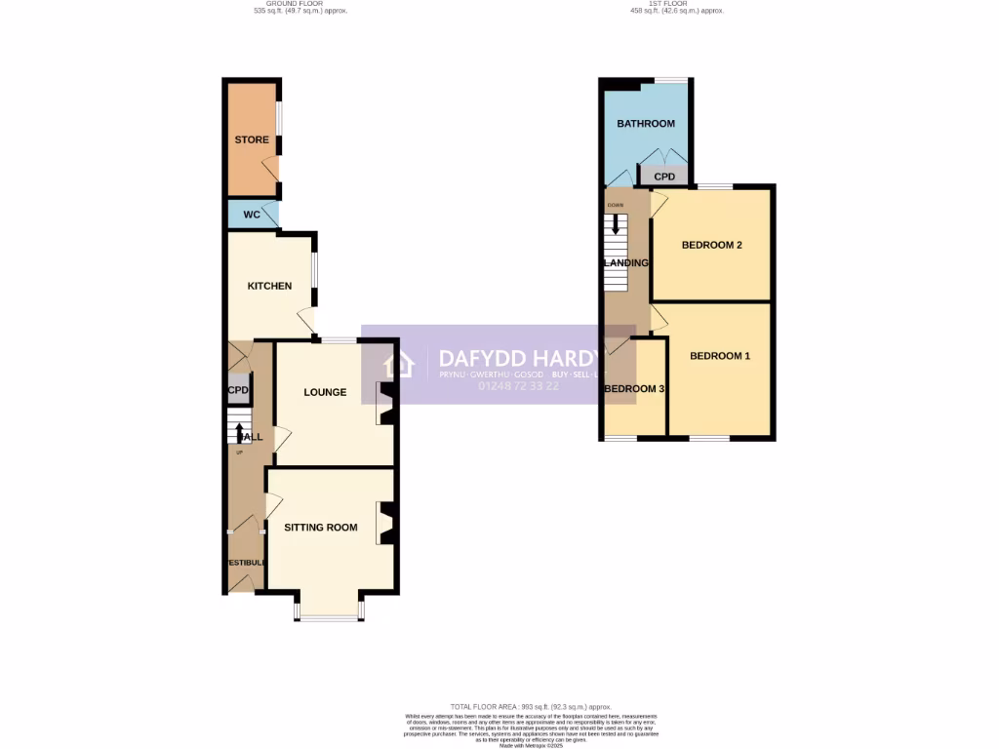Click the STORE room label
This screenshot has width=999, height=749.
pyautogui.click(x=251, y=139)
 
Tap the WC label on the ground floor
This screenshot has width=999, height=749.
pyautogui.click(x=252, y=214)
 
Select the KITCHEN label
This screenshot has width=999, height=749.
pyautogui.click(x=269, y=286)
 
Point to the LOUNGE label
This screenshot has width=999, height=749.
pyautogui.click(x=325, y=392)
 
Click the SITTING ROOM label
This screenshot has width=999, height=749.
pyautogui.click(x=321, y=528)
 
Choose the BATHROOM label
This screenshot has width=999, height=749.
pyautogui.click(x=645, y=124)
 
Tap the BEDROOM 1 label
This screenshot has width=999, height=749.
pyautogui.click(x=720, y=356)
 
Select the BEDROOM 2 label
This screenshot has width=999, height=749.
pyautogui.click(x=711, y=245)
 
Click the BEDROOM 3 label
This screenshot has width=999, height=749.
pyautogui.click(x=634, y=389)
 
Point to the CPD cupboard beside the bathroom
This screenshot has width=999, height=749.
pyautogui.click(x=664, y=177)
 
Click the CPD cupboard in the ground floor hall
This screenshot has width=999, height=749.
pyautogui.click(x=238, y=391)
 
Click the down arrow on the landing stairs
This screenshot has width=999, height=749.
pyautogui.click(x=615, y=223)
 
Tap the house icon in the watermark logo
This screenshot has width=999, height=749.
pyautogui.click(x=399, y=365)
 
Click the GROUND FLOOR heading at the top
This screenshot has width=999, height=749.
pyautogui.click(x=300, y=4)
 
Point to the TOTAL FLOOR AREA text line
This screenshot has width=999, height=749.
pyautogui.click(x=531, y=706)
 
